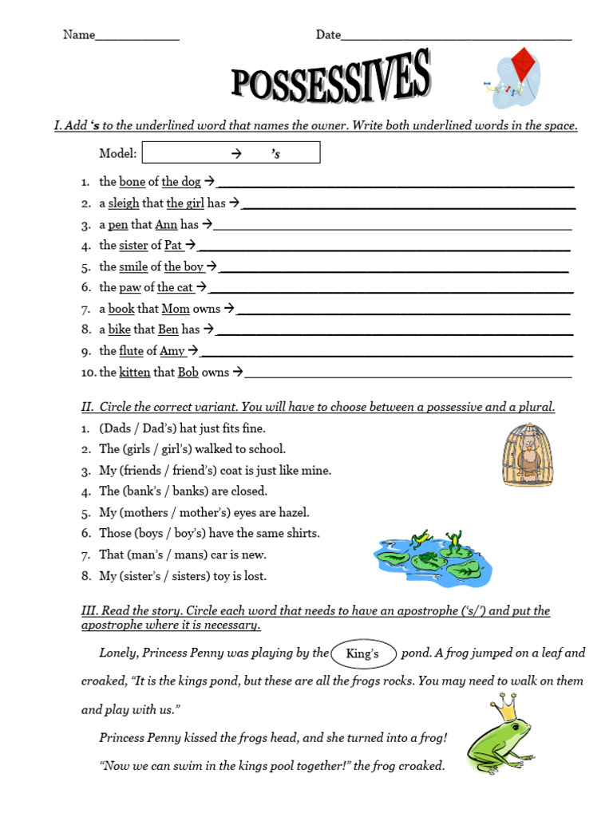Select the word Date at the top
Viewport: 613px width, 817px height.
pyautogui.click(x=328, y=35)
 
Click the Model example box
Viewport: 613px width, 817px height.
pyautogui.click(x=230, y=152)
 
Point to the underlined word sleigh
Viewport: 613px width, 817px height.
pyautogui.click(x=124, y=203)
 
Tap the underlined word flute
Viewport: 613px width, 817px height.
pyautogui.click(x=131, y=351)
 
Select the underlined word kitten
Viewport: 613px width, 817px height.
pyautogui.click(x=134, y=372)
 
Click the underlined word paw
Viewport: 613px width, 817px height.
pyautogui.click(x=130, y=288)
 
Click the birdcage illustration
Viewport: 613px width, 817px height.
pyautogui.click(x=528, y=455)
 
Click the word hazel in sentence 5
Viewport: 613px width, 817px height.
pyautogui.click(x=293, y=513)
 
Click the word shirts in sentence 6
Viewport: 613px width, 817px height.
pyautogui.click(x=303, y=534)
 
